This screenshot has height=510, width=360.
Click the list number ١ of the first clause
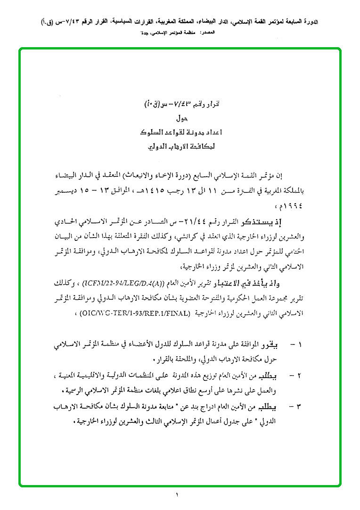pyautogui.click(x=300, y=345)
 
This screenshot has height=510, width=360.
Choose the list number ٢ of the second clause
pyautogui.click(x=300, y=377)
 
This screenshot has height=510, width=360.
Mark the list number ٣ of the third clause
pyautogui.click(x=300, y=406)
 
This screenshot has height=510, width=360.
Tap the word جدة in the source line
pyautogui.click(x=144, y=33)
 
